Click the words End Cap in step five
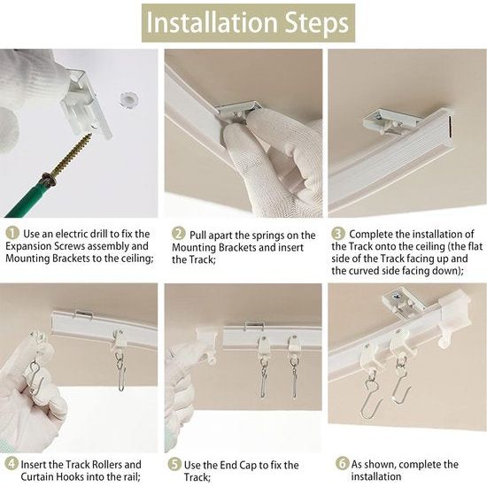pyautogui.click(x=251, y=464)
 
